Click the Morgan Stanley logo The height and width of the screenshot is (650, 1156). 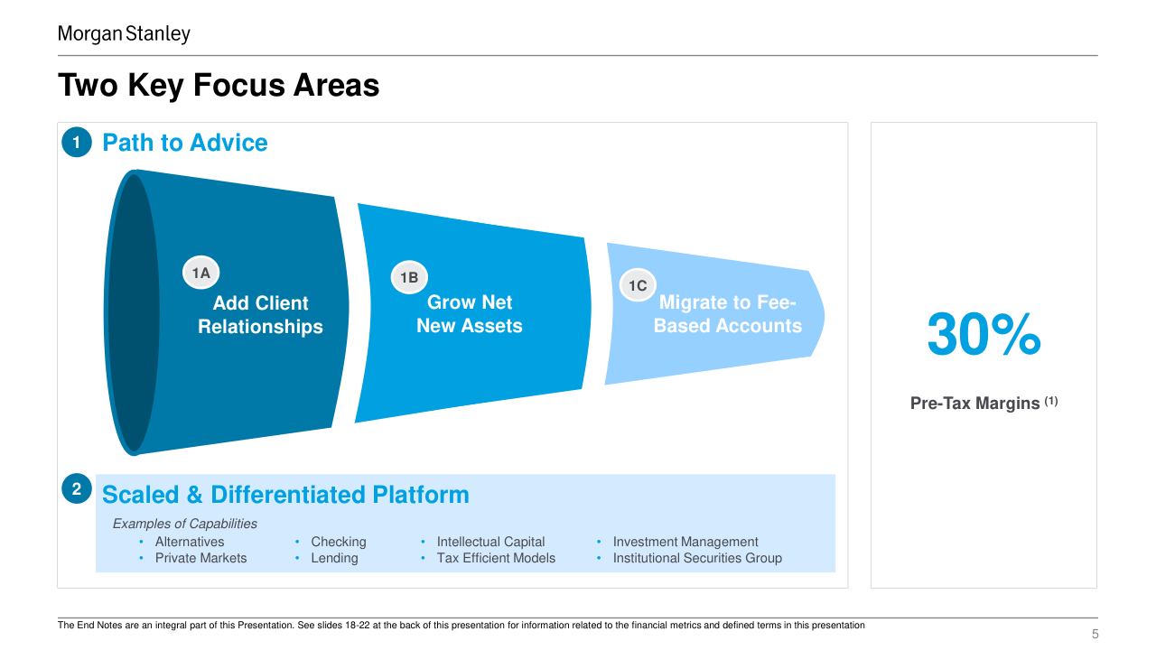pos(124,34)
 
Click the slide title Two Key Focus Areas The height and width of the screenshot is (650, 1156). pos(219,85)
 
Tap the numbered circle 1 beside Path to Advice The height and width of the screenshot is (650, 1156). pos(77,142)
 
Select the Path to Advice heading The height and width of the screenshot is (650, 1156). pos(185,143)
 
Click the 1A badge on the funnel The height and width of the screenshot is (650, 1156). pos(200,273)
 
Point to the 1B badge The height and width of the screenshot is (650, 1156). pos(409,277)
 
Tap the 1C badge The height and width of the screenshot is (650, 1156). pos(638,285)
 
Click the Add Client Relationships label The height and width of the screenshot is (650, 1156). pos(261,315)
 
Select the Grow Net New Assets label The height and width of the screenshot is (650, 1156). pos(470,313)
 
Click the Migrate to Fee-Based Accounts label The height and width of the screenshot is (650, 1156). pos(728,313)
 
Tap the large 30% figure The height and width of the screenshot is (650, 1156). pos(984,334)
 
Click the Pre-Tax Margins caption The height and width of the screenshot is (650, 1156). pos(984,403)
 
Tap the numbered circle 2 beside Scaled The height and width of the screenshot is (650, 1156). pos(77,488)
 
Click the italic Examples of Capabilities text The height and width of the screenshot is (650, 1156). pos(185,524)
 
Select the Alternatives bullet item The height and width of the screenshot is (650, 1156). pos(190,542)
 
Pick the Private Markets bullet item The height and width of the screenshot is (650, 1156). pos(200,558)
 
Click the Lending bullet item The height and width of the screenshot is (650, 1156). pos(334,558)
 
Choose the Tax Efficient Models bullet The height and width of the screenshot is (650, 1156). pos(496,558)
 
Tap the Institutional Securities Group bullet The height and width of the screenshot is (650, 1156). pos(697,558)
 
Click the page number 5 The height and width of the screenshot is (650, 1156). pos(1095,634)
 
